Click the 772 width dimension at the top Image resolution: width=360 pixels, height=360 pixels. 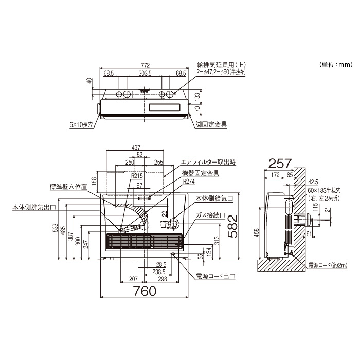pos(145,65)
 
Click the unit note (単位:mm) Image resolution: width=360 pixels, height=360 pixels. pos(336,65)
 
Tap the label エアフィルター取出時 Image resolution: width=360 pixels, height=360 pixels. pos(208,162)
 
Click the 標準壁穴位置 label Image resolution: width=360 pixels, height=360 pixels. pos(67,187)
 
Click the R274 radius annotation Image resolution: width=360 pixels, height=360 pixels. pos(189,182)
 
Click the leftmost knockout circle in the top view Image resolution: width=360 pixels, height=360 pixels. pos(119,95)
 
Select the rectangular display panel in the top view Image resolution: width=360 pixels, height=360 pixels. pos(165,108)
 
